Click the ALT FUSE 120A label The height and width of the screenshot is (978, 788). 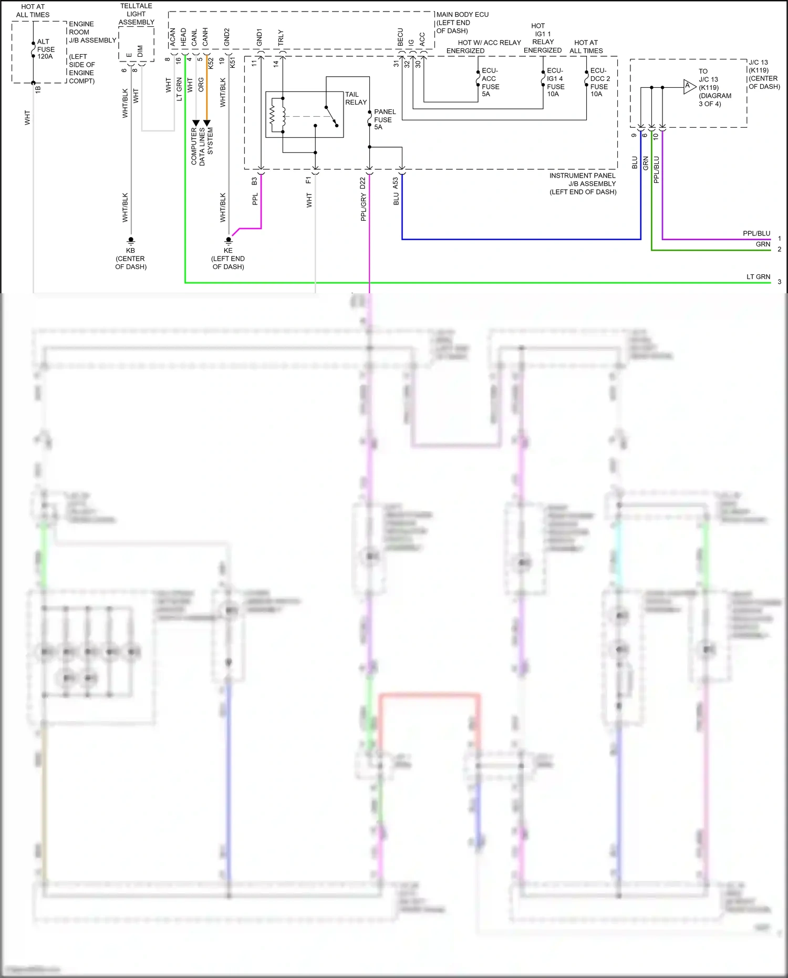[45, 49]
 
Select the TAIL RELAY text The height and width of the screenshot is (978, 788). [356, 98]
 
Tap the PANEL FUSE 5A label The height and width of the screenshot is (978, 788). [384, 119]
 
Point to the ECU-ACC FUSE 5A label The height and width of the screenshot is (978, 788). [490, 82]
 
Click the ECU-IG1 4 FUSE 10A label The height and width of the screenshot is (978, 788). [555, 82]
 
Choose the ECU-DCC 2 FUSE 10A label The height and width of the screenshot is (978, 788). [599, 82]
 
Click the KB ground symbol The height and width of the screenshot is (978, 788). [131, 240]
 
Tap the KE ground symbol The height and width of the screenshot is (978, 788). [229, 240]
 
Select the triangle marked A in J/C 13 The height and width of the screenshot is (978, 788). [689, 87]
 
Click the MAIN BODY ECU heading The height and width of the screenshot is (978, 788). [462, 15]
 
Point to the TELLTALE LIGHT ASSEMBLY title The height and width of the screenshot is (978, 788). [136, 14]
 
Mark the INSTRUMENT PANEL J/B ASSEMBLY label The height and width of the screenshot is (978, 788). [583, 183]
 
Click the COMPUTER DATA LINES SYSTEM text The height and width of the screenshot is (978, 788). [202, 146]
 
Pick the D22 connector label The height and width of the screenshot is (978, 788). [362, 183]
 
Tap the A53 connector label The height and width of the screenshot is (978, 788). [396, 183]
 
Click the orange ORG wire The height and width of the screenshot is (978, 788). [207, 95]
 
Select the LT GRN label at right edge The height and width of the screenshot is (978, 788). [758, 276]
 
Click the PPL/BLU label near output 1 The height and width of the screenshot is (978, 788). [756, 233]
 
